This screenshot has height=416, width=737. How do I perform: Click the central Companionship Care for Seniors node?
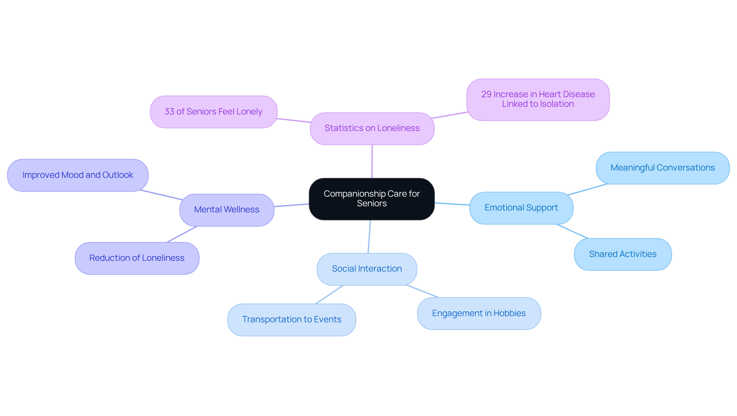pos(372,199)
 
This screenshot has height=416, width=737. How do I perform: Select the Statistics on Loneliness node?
pos(372,128)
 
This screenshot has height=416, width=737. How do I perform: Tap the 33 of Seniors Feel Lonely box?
pos(213,112)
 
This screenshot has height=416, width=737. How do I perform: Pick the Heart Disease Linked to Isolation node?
pos(538,99)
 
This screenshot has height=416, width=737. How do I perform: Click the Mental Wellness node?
pos(226,210)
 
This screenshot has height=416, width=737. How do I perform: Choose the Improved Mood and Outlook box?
pos(78,175)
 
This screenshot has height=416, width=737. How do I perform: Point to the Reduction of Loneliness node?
pos(137,258)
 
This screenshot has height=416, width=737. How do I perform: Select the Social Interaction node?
pos(367,269)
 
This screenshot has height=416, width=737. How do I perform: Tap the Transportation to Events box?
pos(291,320)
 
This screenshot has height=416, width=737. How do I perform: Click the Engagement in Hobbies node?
pos(479,313)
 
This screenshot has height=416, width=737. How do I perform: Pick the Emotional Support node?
pos(521,208)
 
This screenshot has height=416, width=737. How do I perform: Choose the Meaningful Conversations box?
pos(662,168)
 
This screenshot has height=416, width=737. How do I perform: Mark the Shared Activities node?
pos(623,254)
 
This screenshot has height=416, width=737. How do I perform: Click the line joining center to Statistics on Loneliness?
pos(372,161)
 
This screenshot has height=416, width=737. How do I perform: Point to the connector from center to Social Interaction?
pos(369,236)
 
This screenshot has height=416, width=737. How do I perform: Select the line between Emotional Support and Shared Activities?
pos(572,231)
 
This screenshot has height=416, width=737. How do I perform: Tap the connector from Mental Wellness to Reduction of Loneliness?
pos(182,234)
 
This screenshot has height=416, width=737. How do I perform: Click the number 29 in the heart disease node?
pos(486,94)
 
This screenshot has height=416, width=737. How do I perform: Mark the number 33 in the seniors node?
pos(169,112)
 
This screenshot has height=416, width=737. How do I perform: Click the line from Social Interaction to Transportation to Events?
pos(329,295)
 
